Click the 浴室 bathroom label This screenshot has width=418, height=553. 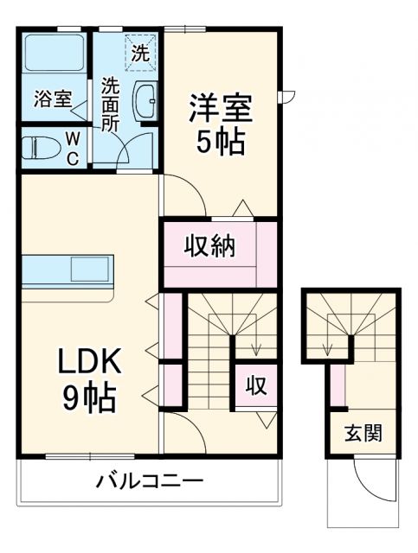(x=52, y=99)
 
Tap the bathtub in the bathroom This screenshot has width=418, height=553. (x=53, y=54)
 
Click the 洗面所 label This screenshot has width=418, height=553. (x=110, y=104)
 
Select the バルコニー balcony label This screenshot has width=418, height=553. (x=149, y=480)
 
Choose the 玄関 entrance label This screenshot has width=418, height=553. (x=363, y=433)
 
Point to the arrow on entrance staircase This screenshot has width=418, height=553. (x=328, y=349)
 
